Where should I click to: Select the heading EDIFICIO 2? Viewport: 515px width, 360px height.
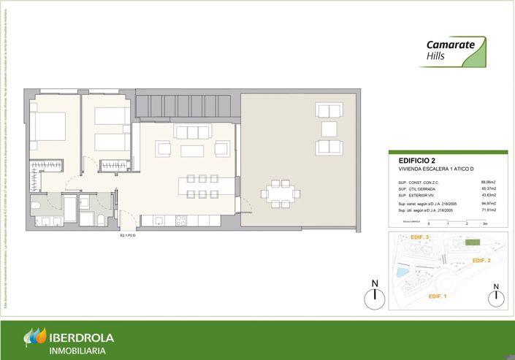point(417,161)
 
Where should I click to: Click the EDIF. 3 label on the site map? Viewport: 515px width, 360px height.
point(420,238)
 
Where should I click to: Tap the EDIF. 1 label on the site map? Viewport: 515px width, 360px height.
point(438,296)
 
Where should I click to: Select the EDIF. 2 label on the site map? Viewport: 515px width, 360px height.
point(481,261)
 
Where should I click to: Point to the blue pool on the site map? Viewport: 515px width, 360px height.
point(400,272)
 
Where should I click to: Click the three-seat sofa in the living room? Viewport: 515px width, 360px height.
point(193,132)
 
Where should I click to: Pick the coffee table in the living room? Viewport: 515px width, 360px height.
point(193,150)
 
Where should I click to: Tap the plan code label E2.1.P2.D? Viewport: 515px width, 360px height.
point(129,237)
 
